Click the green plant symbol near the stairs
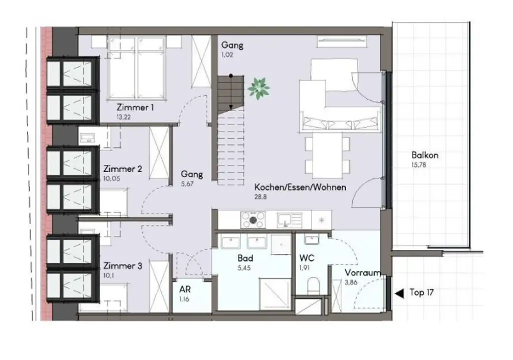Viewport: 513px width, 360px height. tap(259, 88)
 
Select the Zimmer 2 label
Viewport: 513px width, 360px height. tap(123, 169)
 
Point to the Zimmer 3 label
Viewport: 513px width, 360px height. tap(123, 266)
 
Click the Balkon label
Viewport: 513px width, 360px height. tap(424, 155)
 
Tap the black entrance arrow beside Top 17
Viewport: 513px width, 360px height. tap(399, 293)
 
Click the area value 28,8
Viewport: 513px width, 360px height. tap(261, 197)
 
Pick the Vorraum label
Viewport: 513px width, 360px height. tap(362, 273)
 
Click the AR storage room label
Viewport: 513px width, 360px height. tap(185, 289)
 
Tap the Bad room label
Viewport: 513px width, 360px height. tap(245, 259)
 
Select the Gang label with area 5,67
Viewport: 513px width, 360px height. tap(192, 174)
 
